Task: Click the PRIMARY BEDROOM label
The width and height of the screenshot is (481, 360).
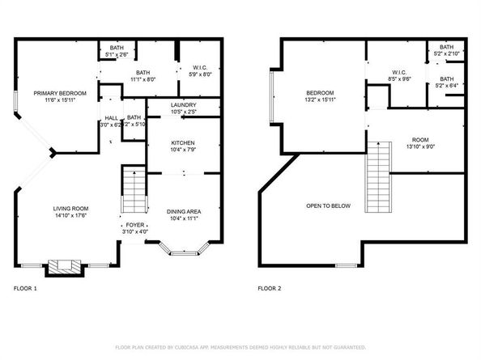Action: click(53, 93)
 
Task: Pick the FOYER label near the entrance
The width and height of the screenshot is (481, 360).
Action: click(133, 226)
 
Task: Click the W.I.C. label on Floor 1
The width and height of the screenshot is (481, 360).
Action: click(201, 67)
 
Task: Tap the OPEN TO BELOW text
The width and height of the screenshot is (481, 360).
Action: click(328, 205)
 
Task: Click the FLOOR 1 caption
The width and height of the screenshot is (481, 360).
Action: click(25, 288)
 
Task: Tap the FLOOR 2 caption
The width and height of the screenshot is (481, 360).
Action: click(269, 288)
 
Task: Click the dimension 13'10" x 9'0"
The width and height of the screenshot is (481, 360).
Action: click(419, 146)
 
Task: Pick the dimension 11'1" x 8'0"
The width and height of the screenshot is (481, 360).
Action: click(147, 79)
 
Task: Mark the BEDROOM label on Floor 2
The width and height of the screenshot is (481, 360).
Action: click(320, 93)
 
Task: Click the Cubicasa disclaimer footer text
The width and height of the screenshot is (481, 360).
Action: click(240, 346)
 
